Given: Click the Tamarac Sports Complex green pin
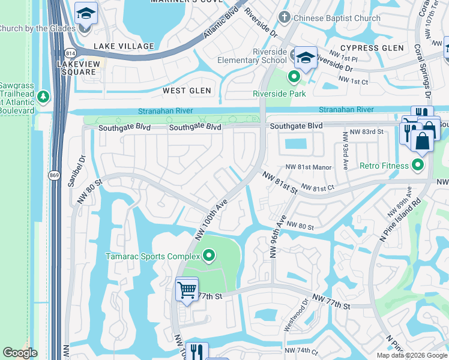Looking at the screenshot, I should click(209, 256).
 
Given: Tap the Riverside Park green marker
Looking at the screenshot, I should click(294, 77).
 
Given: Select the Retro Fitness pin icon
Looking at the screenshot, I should click(419, 165).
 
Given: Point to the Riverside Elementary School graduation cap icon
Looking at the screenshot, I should click(306, 58).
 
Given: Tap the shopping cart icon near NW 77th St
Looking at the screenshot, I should click(187, 290).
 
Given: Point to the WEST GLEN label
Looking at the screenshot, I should click(187, 91).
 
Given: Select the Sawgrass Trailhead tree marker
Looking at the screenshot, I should click(43, 96).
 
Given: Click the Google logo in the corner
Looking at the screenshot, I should click(20, 353).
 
